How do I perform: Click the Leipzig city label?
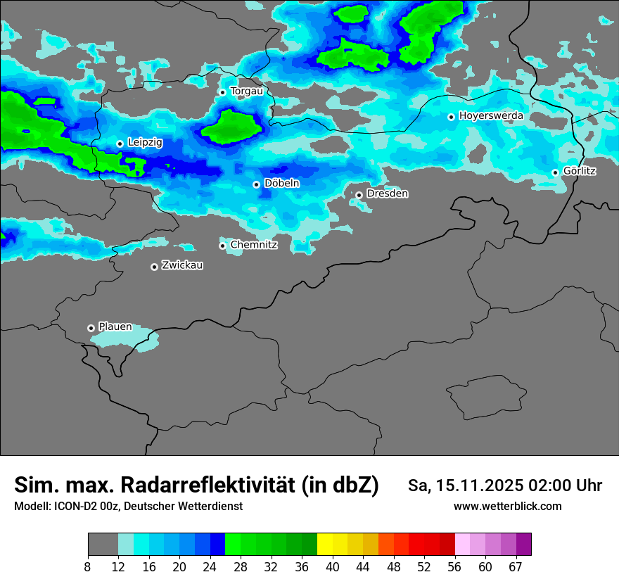click(x=145, y=143)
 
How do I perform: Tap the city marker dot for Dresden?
click(x=359, y=195)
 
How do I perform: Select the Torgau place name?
click(x=246, y=91)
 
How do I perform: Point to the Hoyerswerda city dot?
click(x=451, y=117)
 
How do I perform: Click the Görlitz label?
click(x=580, y=171)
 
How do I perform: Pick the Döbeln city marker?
click(x=256, y=184)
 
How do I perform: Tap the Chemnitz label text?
click(x=254, y=245)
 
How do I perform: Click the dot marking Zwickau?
click(x=154, y=267)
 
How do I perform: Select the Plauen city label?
click(x=115, y=326)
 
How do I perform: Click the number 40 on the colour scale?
click(x=333, y=567)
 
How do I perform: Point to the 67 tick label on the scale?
click(x=516, y=567)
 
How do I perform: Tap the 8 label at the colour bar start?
click(x=87, y=567)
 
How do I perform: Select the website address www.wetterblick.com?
click(x=507, y=506)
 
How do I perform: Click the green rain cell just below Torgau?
click(x=231, y=127)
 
